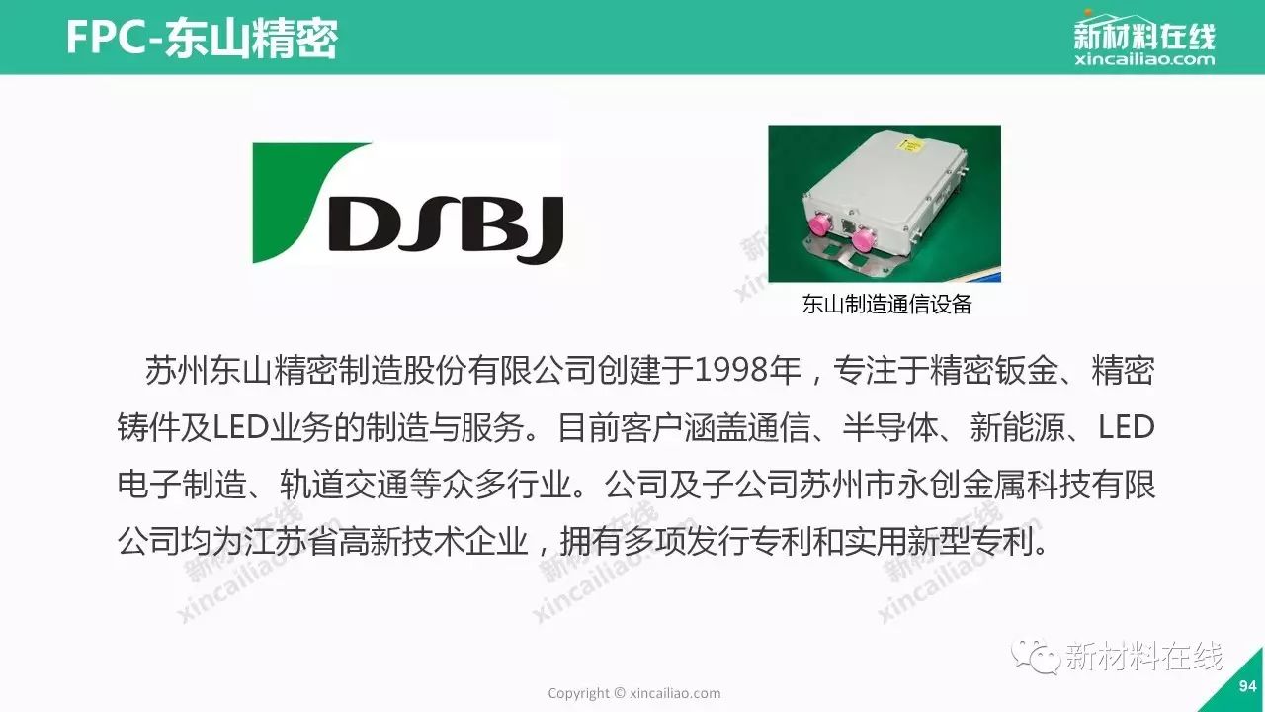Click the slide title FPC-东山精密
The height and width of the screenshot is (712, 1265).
click(x=202, y=39)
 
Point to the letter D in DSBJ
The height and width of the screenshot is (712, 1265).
click(x=370, y=222)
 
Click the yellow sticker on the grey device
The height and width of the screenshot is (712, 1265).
click(x=910, y=149)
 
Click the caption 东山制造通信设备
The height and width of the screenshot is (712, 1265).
click(x=886, y=304)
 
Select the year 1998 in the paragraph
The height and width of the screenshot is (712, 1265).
click(x=731, y=370)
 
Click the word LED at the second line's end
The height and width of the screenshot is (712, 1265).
click(x=1126, y=428)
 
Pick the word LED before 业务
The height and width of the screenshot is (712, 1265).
click(x=240, y=428)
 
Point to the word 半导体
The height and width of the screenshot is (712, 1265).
click(x=890, y=428)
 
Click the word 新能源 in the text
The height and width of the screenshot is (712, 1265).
click(x=1018, y=428)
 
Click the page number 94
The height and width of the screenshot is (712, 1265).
click(x=1247, y=686)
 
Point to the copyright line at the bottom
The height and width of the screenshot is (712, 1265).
click(x=634, y=693)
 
